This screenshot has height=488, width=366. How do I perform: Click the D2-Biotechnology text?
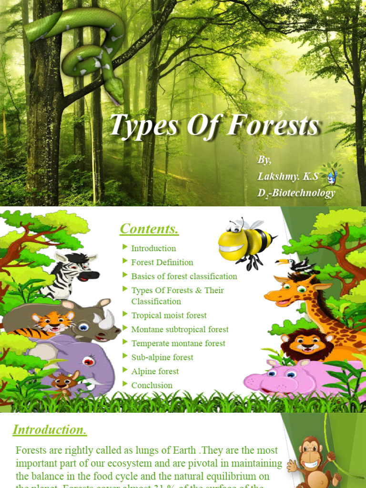(296, 193)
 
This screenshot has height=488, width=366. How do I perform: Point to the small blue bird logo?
(331, 177)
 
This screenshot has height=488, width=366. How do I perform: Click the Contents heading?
(149, 229)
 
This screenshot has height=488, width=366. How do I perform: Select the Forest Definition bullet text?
(162, 262)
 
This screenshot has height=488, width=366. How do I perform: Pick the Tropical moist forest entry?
(169, 315)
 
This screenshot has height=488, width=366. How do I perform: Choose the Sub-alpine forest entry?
(162, 357)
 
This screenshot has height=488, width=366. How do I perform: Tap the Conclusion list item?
(152, 385)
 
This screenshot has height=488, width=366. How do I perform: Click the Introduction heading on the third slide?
(50, 429)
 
